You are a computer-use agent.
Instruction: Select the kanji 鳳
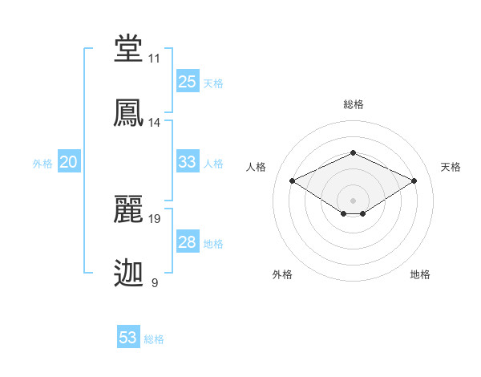(129, 113)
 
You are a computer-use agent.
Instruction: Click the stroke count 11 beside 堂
(155, 59)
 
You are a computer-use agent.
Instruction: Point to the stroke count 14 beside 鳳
(155, 123)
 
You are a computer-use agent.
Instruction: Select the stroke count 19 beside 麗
(155, 218)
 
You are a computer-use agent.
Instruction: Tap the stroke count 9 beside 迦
(155, 282)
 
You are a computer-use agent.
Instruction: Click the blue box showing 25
(188, 82)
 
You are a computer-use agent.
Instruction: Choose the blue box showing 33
(188, 162)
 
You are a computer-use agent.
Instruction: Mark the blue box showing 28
(188, 242)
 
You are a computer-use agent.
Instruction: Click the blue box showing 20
(69, 162)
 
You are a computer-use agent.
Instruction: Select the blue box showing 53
(128, 338)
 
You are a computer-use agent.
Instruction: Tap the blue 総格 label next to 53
(154, 339)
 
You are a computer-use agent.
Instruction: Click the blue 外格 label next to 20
(42, 164)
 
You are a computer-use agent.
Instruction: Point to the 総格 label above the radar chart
(353, 104)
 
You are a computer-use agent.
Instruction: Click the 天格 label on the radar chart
(451, 167)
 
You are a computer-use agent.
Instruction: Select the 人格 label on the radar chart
(256, 167)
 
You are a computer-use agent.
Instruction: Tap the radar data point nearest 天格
(414, 180)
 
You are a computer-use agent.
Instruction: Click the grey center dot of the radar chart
(353, 200)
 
